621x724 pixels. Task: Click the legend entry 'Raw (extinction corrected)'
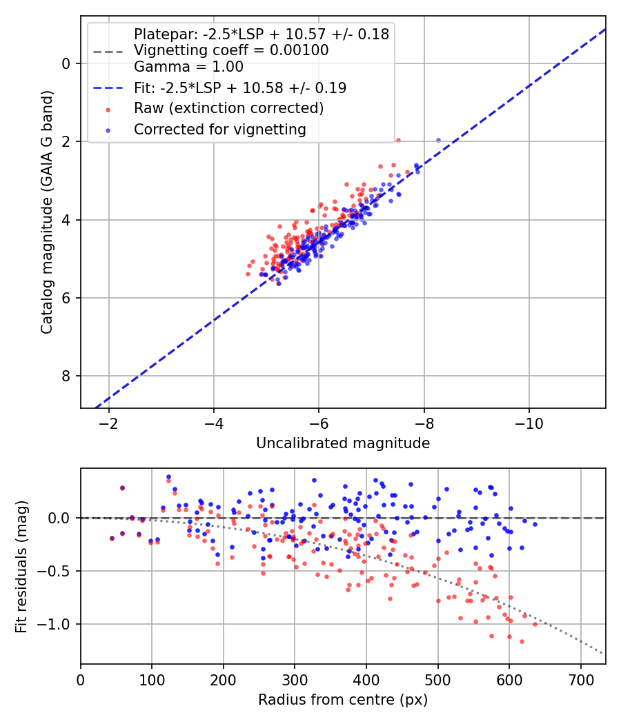coord(228,108)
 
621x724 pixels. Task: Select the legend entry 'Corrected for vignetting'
coord(219,129)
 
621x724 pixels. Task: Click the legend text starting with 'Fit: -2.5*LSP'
coord(240,88)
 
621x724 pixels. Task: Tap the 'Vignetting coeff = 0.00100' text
coord(231,50)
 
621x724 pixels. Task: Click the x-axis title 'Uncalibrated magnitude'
coord(343,443)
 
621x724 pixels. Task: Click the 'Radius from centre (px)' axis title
coord(343,700)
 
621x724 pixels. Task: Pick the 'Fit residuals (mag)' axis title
coord(21,566)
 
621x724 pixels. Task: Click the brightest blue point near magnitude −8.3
coord(438,141)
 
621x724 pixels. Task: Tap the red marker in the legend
coord(108,109)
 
